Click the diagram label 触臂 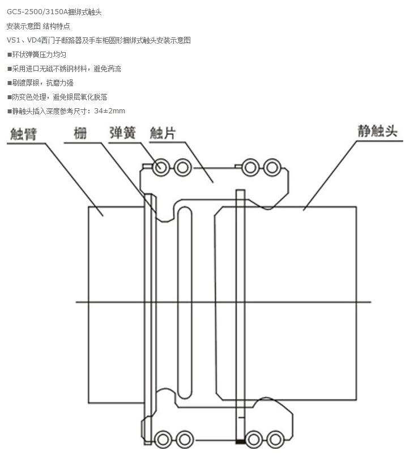(x=23, y=134)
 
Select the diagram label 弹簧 (x=122, y=133)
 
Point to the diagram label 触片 (x=163, y=134)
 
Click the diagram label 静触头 (x=378, y=131)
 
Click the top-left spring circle (x=161, y=167)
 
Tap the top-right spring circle (x=272, y=167)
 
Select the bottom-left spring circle (x=163, y=439)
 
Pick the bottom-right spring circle (x=275, y=439)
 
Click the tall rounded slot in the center (x=185, y=303)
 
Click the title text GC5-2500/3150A (x=37, y=11)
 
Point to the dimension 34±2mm (x=110, y=111)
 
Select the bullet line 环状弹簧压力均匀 (x=39, y=54)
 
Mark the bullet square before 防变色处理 (x=9, y=97)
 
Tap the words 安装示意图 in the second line (x=23, y=26)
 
